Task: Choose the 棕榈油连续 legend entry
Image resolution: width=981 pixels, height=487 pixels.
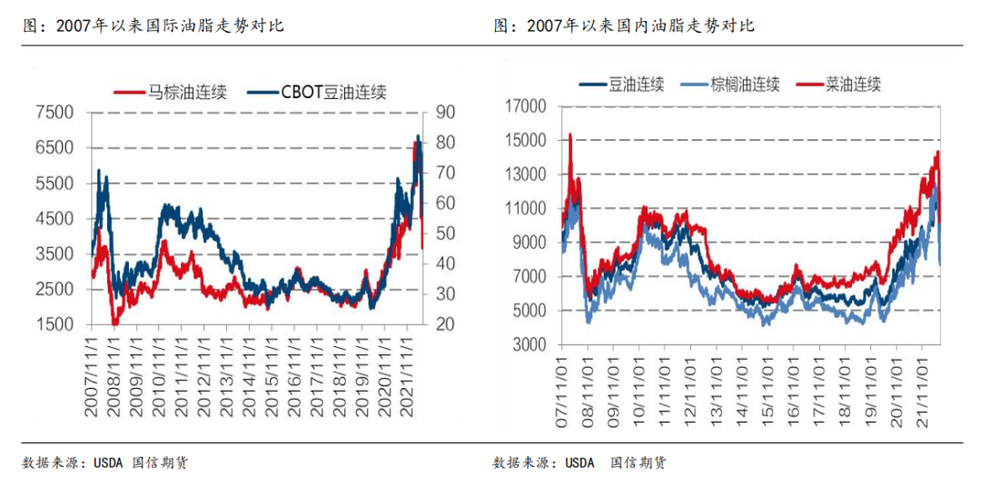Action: (745, 84)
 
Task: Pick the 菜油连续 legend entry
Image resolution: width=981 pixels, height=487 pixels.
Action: (853, 84)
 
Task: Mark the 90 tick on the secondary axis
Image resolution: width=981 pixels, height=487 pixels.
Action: (444, 113)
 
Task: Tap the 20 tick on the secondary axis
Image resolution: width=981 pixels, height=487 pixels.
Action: (444, 324)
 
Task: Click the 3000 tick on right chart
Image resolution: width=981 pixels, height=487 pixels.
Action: (526, 345)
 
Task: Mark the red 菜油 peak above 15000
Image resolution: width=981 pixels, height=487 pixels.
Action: (570, 135)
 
